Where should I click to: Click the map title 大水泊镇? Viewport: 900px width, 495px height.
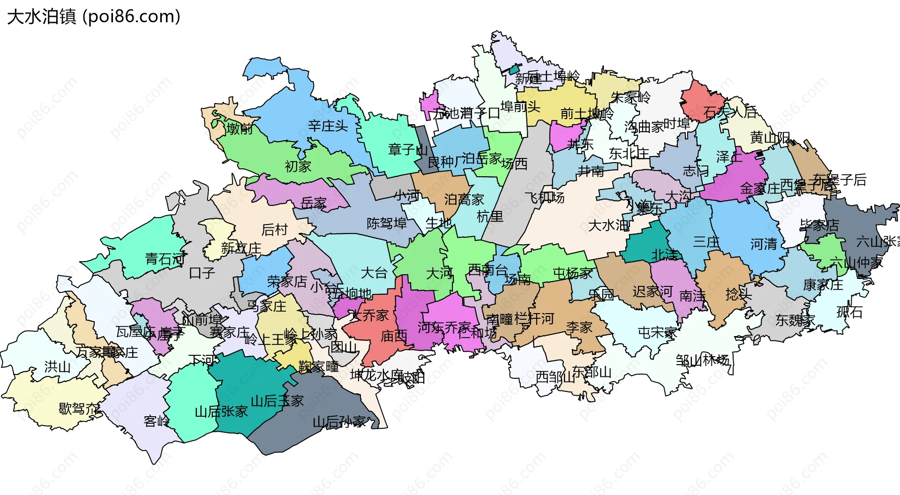41,16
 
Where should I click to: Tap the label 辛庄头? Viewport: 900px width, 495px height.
328,126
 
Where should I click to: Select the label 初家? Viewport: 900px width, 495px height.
298,166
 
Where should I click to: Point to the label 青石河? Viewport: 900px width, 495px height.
165,258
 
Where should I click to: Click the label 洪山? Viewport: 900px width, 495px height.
57,367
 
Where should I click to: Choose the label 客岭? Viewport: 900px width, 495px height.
157,421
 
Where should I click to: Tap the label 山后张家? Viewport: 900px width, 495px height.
221,412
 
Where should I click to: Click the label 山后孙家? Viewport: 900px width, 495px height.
339,422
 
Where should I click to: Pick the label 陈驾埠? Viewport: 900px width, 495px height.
386,223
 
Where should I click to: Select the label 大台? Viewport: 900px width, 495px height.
374,272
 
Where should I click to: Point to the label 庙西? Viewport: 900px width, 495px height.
394,336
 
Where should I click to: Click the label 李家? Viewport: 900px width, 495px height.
579,327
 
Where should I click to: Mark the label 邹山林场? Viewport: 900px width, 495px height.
702,360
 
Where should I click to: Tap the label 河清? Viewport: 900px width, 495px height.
764,244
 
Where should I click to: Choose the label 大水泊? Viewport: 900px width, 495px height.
608,225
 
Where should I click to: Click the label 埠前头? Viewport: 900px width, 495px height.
520,106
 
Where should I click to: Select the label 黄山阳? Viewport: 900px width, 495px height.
770,137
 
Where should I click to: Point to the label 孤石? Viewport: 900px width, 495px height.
849,312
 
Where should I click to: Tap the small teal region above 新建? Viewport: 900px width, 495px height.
515,69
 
